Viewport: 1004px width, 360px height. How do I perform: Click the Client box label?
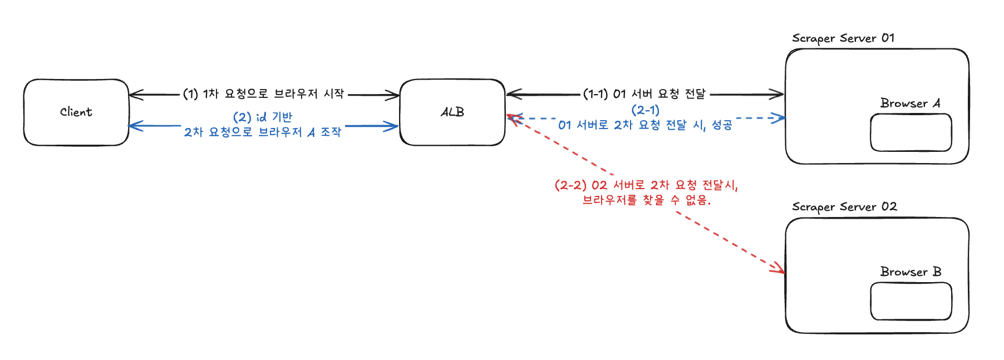[76, 112]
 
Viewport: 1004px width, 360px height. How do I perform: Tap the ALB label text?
[452, 112]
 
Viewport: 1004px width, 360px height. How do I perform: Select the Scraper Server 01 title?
[843, 38]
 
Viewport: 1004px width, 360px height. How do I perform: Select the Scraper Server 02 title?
[844, 207]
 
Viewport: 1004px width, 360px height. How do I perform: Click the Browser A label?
[910, 103]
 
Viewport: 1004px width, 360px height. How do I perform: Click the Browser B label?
[911, 272]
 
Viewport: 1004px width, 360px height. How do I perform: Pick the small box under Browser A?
[911, 132]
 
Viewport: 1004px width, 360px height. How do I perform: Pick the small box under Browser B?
[911, 301]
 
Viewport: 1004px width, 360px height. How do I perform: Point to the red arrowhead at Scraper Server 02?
[780, 270]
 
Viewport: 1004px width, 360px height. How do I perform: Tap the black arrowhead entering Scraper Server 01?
[779, 94]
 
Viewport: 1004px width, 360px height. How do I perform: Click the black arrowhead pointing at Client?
[134, 94]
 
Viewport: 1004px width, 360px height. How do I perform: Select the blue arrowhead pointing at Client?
[134, 126]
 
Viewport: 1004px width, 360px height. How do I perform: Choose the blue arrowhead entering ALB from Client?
[393, 126]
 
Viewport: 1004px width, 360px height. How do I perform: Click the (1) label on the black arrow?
[190, 94]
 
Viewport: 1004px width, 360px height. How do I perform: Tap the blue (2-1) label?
[645, 110]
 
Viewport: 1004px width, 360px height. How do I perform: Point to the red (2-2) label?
[570, 185]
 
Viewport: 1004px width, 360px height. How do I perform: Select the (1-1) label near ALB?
[595, 93]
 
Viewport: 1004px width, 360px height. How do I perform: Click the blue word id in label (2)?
[261, 117]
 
